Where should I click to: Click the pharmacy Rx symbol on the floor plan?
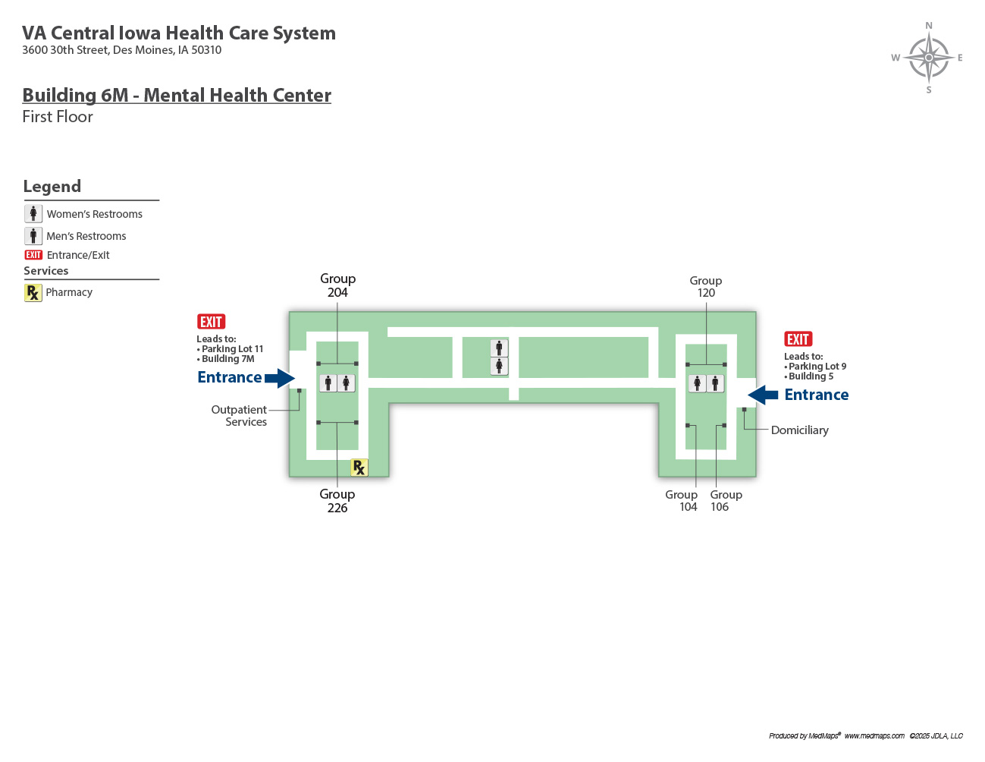click(359, 468)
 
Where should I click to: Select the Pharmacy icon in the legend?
click(33, 292)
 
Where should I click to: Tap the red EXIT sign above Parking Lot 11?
click(211, 322)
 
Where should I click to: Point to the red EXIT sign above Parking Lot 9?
click(798, 339)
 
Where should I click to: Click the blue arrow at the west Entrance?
click(280, 378)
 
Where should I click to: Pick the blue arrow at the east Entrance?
click(763, 395)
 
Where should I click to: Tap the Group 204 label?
click(337, 285)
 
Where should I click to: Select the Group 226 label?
click(337, 501)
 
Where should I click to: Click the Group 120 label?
click(706, 287)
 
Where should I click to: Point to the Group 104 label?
click(682, 501)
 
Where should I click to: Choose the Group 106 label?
click(726, 501)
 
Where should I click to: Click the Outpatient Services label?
click(239, 416)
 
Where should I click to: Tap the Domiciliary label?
click(799, 430)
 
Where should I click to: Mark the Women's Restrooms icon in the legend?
click(33, 214)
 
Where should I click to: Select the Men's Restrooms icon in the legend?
click(33, 236)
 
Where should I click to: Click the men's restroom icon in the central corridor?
click(499, 348)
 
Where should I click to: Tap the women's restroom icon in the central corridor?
click(499, 366)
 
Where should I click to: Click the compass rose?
click(929, 58)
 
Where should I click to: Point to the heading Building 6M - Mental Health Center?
click(177, 96)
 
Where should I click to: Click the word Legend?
click(52, 187)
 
